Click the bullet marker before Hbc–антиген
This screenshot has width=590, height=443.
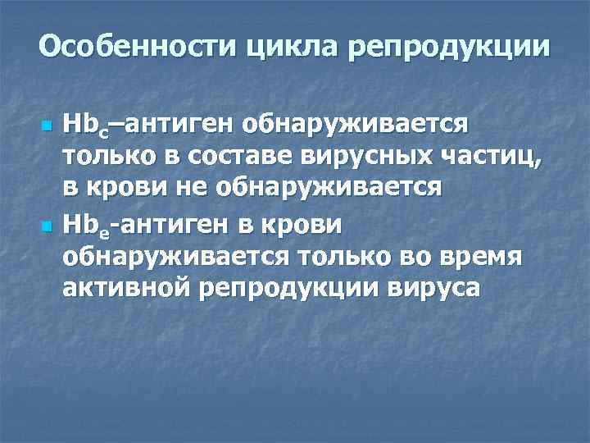48,127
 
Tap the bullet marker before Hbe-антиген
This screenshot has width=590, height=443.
48,226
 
